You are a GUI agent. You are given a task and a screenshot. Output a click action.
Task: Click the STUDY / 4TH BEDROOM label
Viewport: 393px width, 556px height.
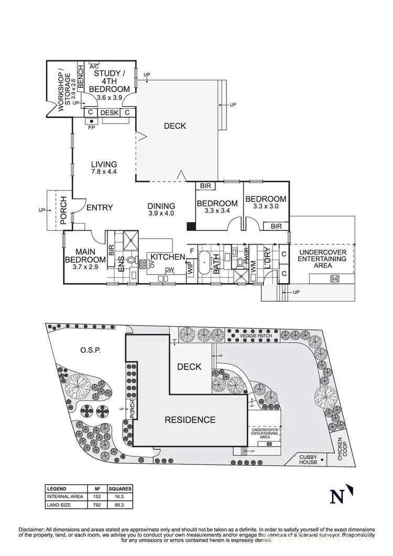click(109, 81)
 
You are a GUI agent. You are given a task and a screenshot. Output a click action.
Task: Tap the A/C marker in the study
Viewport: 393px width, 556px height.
click(94, 66)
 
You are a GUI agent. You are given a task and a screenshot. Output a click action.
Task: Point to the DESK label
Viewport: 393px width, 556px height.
click(109, 113)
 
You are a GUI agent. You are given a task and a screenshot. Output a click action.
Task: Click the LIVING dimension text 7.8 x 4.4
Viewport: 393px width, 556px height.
click(103, 172)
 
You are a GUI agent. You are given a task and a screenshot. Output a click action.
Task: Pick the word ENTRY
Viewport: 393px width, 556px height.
click(100, 207)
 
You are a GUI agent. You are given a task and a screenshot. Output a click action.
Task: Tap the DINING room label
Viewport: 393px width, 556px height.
click(161, 206)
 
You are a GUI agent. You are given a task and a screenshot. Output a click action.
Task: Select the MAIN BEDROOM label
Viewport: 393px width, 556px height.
click(85, 255)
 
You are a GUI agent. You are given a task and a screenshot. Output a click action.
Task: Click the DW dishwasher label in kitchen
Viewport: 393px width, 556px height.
click(169, 270)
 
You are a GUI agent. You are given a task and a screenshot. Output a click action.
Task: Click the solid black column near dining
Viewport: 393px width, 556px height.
click(191, 227)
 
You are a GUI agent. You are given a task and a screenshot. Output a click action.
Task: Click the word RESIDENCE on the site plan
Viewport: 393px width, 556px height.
click(190, 419)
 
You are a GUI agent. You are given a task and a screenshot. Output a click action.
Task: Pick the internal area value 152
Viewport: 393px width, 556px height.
click(96, 497)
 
